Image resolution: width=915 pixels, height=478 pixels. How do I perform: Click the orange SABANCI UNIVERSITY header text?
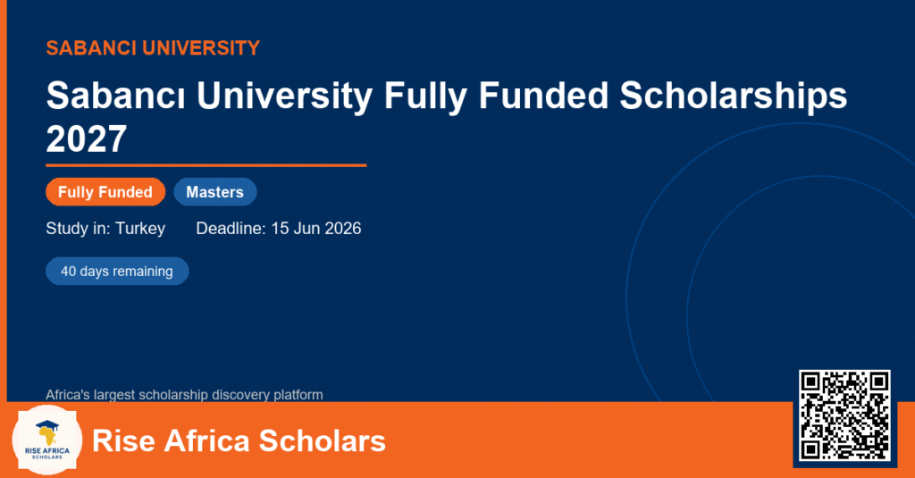point(153,48)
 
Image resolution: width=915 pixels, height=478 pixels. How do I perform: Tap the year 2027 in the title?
point(87,138)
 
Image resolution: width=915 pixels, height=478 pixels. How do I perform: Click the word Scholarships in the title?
point(733,96)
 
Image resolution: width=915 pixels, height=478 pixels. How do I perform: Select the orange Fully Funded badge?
point(105,192)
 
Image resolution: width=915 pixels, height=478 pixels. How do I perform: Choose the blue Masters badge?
point(215,192)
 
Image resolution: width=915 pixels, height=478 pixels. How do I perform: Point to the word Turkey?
point(140,229)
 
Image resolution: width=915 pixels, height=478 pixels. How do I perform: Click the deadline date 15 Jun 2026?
point(315,228)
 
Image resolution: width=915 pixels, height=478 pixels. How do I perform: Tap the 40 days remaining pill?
point(117,272)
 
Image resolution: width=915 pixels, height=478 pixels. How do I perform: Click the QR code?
point(844,415)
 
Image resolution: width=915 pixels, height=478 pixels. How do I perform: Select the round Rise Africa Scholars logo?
point(47,440)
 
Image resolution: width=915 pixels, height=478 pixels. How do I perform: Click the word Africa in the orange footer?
point(207,440)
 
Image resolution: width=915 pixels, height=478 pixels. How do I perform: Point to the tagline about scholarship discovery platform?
point(184,395)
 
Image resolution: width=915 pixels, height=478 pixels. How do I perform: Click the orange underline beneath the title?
point(206,166)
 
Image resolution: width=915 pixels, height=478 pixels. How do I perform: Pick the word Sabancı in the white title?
point(115,96)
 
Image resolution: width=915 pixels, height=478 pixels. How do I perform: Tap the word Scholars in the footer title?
point(322,440)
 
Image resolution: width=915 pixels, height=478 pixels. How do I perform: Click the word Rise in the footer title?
point(124,440)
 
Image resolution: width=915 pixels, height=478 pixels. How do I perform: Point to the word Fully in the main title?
point(425,96)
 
